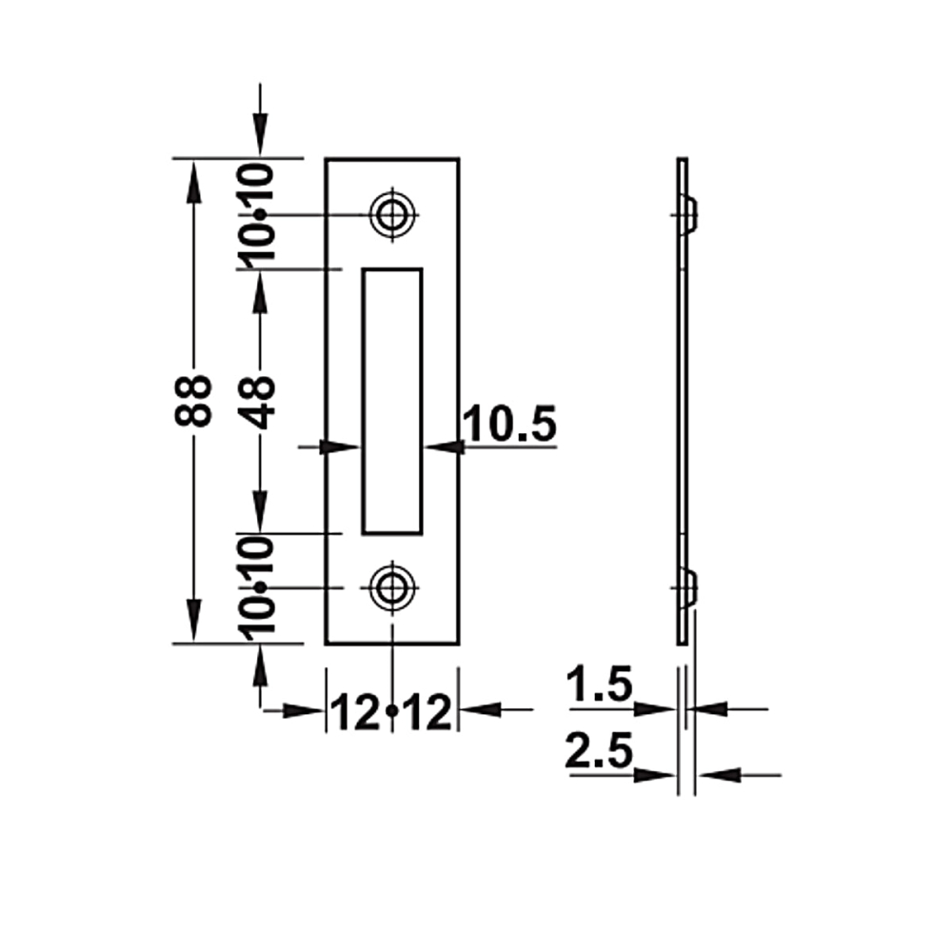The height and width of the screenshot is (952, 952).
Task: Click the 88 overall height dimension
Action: pos(193,401)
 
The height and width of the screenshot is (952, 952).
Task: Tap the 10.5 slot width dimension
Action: pos(509,424)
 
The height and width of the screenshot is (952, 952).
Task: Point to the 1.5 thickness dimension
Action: pos(599,684)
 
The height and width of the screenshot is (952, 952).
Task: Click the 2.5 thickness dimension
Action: pos(599,750)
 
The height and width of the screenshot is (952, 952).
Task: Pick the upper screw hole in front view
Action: pos(393,214)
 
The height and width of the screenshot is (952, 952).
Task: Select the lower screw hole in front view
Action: pos(393,587)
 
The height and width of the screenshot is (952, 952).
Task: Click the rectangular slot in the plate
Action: pos(392,402)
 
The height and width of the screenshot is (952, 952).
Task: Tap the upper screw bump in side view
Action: pos(691,214)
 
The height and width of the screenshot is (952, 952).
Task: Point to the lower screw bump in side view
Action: pos(691,587)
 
